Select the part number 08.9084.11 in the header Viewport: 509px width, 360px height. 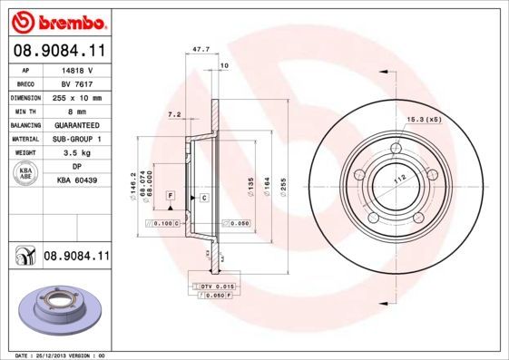tap(58, 51)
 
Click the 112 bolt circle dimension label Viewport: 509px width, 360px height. tap(396, 179)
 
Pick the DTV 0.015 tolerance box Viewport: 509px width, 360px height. tap(210, 287)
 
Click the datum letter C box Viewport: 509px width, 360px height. tap(204, 197)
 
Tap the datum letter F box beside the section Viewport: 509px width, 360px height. tap(169, 196)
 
